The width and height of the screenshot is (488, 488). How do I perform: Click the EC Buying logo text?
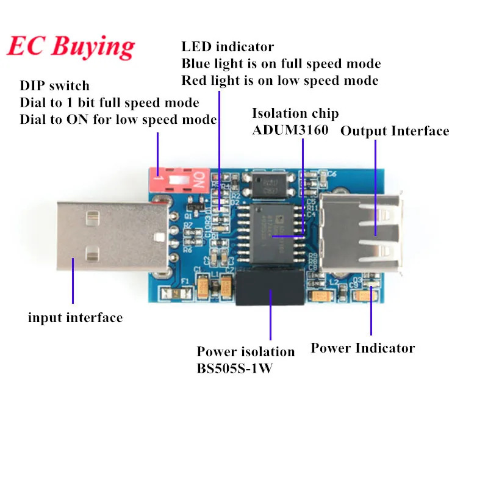pos(71,45)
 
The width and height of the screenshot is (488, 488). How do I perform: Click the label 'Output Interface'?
pos(395,131)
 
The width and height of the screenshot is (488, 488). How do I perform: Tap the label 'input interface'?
pos(75,317)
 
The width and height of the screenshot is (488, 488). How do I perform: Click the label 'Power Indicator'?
pos(362,348)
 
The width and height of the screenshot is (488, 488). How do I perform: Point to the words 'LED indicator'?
pos(228,47)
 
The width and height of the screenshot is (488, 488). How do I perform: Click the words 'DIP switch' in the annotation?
pos(54,85)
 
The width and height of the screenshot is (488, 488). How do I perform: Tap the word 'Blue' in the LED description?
pos(197,63)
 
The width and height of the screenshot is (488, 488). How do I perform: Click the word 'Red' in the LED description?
pos(195,81)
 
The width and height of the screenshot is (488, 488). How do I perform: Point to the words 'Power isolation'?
pos(245,352)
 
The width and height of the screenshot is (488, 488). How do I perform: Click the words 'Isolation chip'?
pos(295,113)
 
